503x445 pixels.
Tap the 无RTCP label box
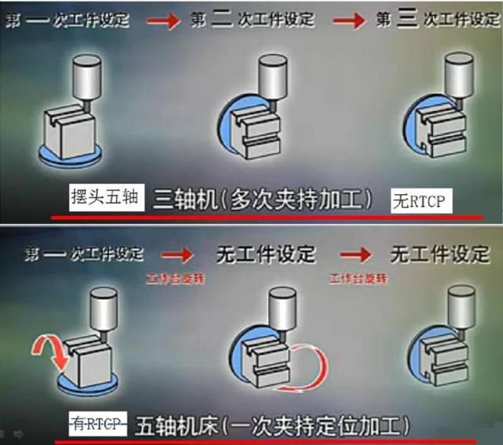(417, 202)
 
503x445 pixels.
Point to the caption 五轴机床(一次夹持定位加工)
(273, 425)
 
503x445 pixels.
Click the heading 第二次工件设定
(251, 20)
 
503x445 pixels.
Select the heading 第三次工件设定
(438, 20)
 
